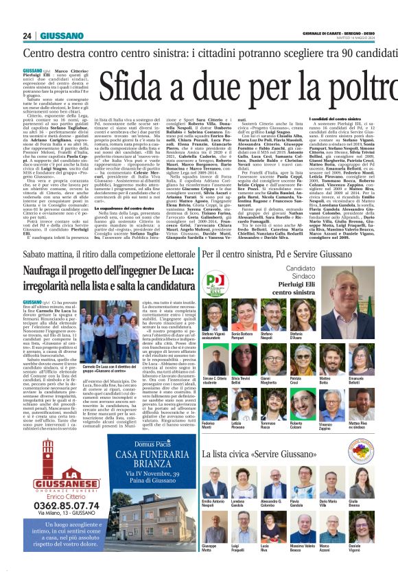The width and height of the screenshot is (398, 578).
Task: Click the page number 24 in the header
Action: [x=28, y=36]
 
